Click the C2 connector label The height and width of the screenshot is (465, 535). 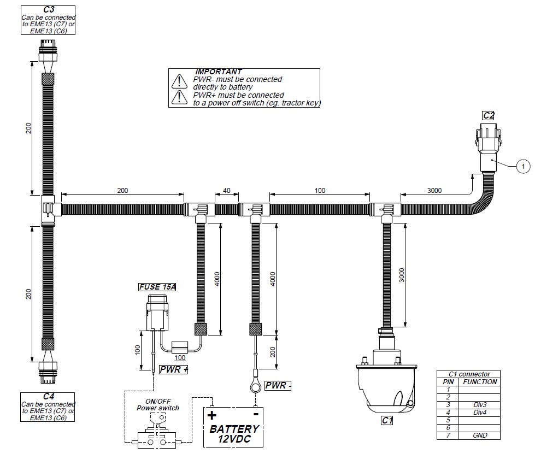point(488,116)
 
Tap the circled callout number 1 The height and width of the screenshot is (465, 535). point(523,167)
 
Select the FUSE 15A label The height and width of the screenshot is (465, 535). point(157,287)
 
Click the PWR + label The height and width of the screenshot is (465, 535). point(174,369)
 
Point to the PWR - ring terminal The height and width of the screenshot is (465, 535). point(256,387)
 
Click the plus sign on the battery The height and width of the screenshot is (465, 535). point(212,415)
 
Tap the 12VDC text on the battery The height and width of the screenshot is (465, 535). point(234,439)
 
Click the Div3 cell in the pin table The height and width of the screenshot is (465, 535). point(480,405)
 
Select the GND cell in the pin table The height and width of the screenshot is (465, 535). point(480,435)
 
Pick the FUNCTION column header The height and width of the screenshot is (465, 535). point(480,382)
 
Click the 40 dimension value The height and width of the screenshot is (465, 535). point(227,191)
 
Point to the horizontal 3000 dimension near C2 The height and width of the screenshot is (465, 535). point(434,190)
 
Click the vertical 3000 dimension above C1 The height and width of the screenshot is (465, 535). point(402,275)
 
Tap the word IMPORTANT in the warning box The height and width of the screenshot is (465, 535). point(219,72)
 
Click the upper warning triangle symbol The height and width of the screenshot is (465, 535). point(179,81)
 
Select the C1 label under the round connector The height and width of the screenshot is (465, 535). point(387,420)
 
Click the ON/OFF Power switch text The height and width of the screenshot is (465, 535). point(157,404)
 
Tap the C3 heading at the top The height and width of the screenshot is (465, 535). point(49,9)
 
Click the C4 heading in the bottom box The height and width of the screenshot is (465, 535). point(49,397)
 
